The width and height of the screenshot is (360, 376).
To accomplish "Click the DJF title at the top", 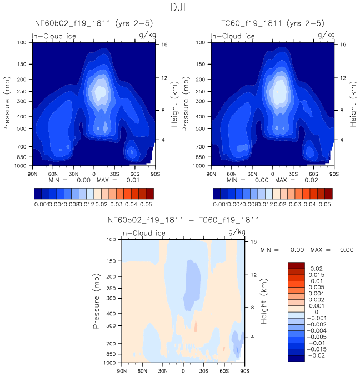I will click(x=179, y=8).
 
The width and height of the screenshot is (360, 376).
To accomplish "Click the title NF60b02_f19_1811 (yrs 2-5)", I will click(x=93, y=24).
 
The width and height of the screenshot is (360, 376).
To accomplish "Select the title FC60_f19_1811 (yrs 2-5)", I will click(x=272, y=24).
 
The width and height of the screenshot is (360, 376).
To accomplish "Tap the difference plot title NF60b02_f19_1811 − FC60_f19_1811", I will click(x=183, y=221).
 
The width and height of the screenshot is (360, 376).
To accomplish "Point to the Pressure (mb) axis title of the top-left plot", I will click(x=7, y=103).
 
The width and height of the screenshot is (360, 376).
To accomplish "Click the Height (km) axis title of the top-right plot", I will click(x=353, y=103).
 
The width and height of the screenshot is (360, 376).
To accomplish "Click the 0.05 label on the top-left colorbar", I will click(x=145, y=205).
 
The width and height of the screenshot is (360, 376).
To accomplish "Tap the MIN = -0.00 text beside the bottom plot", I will click(x=279, y=250).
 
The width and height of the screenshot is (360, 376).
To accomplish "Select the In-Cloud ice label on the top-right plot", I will click(x=233, y=37).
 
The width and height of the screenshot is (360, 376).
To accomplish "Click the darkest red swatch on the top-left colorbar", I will click(x=149, y=193).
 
